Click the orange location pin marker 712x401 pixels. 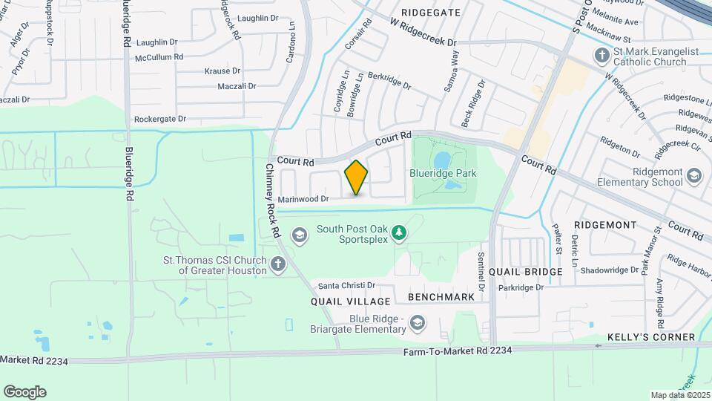(356, 177)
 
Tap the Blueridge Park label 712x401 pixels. (443, 173)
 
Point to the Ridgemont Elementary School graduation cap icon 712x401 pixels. (693, 175)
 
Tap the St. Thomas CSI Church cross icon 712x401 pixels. (277, 264)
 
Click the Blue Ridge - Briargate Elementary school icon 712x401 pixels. (418, 322)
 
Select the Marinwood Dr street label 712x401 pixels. (303, 198)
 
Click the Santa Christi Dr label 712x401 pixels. (347, 285)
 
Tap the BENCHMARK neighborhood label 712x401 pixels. (441, 297)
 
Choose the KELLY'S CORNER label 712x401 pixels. (651, 337)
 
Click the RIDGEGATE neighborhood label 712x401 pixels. (430, 13)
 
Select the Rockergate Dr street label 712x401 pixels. (159, 119)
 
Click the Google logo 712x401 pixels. (24, 391)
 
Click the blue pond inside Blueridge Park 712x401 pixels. (441, 160)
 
